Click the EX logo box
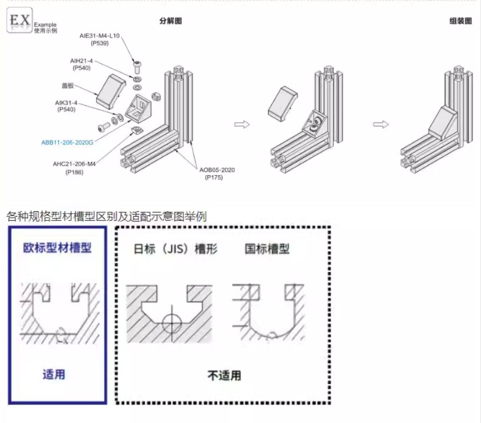pyautogui.click(x=19, y=21)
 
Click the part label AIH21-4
pyautogui.click(x=82, y=61)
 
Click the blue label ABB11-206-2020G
pyautogui.click(x=68, y=142)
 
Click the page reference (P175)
pyautogui.click(x=214, y=178)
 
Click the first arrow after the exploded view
pyautogui.click(x=242, y=124)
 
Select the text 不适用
pyautogui.click(x=223, y=376)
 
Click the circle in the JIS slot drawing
pyautogui.click(x=172, y=320)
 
